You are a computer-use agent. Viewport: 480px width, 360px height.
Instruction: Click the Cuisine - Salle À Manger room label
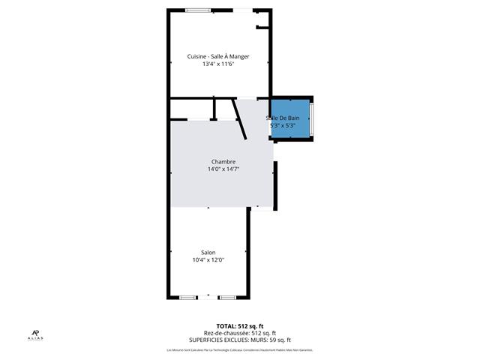pos(218,57)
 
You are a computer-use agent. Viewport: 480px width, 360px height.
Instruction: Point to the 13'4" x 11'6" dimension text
pos(218,64)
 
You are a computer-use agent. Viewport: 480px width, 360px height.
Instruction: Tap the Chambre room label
pos(223,161)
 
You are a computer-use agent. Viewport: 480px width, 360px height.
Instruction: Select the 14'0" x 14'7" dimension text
pos(223,169)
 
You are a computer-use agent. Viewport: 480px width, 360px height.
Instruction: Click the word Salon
pos(208,252)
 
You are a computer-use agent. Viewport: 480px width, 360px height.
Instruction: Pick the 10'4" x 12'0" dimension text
pos(208,260)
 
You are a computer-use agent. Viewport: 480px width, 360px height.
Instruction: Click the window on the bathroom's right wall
pos(312,118)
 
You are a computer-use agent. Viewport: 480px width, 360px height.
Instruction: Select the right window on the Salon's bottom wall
pos(227,298)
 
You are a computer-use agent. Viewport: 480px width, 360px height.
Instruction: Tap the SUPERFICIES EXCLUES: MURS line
pos(240,340)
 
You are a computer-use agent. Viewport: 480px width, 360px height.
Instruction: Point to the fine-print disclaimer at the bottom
pos(239,350)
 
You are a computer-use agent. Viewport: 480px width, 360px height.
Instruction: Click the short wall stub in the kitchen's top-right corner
pos(262,28)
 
